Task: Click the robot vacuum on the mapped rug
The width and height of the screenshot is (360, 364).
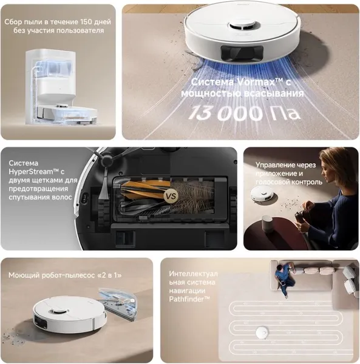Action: tap(263, 332)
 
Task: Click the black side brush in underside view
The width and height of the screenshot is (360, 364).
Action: tap(103, 160)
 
